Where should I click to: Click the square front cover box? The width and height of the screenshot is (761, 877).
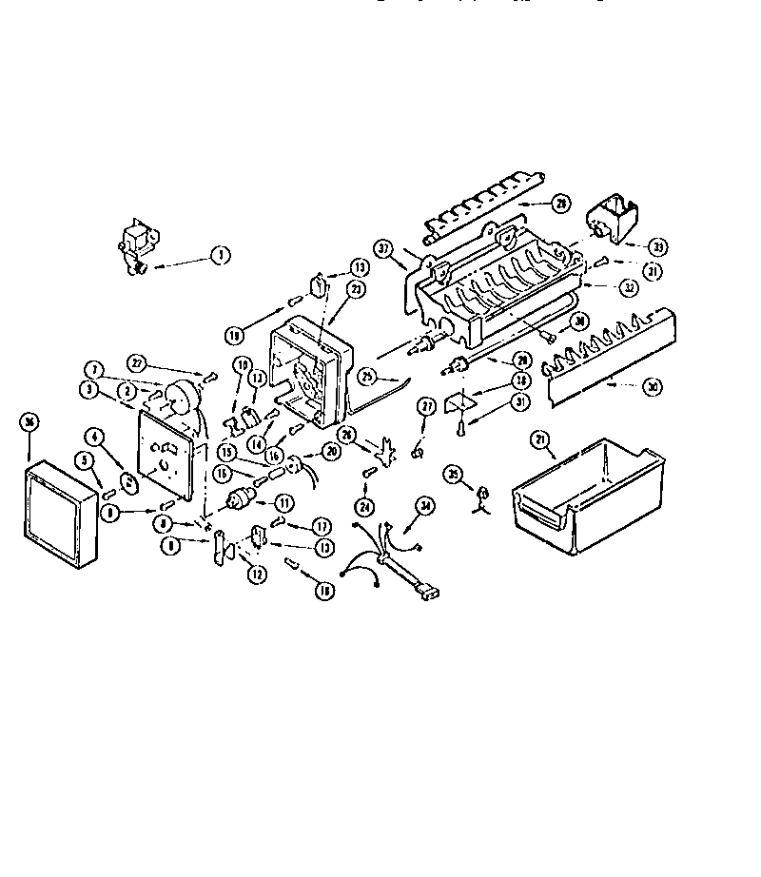[60, 514]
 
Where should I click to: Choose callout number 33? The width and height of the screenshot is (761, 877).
[657, 247]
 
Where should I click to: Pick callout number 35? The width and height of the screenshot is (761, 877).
[453, 474]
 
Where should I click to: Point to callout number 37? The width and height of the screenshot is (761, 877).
[383, 248]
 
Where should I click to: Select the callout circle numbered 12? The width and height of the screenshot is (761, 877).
[256, 575]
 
